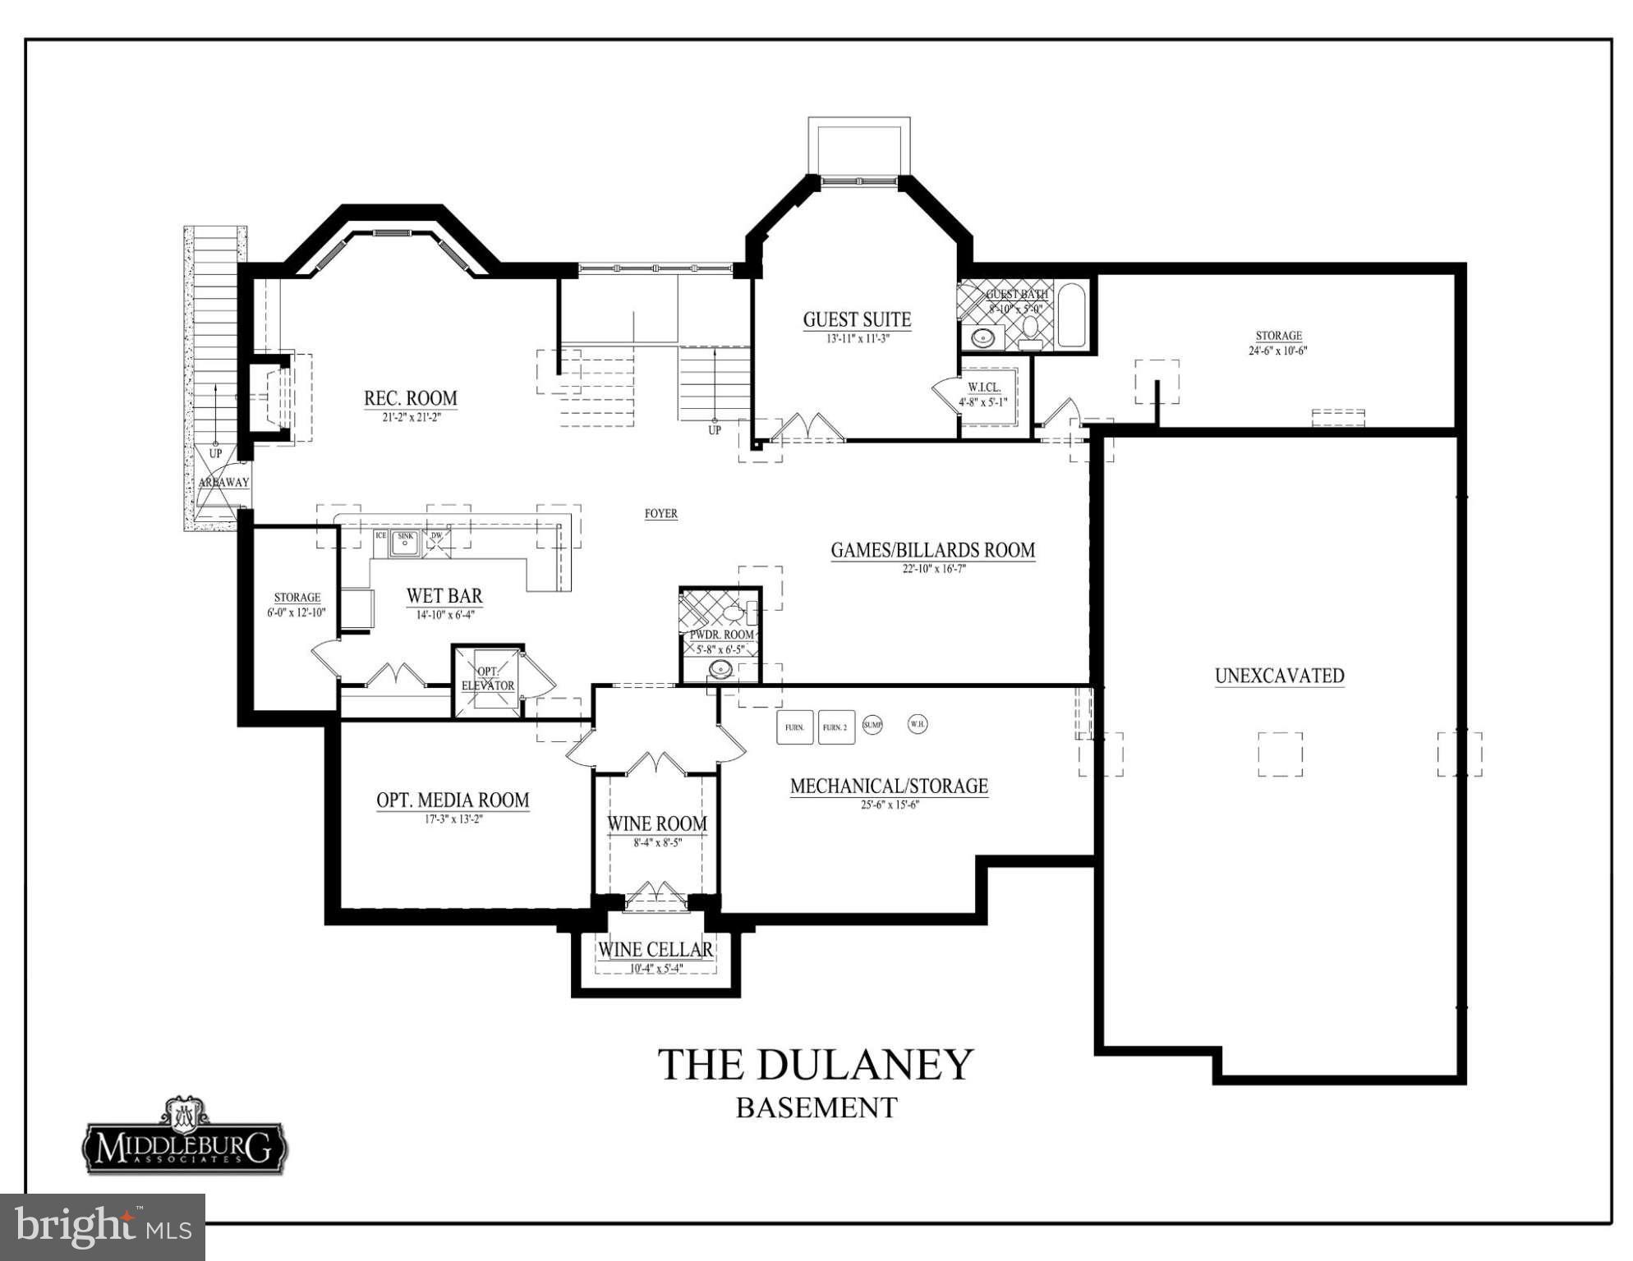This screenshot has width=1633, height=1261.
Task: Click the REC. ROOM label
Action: (410, 399)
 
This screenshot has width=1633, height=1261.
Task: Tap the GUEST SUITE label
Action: (857, 319)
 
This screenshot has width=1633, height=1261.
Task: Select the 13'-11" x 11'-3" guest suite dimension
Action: (858, 338)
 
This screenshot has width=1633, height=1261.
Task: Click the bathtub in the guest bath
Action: (1071, 315)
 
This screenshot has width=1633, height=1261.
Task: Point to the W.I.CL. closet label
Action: (983, 387)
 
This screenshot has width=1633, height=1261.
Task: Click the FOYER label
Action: (660, 514)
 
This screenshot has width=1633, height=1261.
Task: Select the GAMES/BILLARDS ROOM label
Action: (932, 550)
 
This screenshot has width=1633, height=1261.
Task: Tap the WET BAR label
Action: (444, 596)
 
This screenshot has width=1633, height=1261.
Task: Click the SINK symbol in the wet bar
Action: (405, 541)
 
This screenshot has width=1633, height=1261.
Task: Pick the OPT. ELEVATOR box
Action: (488, 680)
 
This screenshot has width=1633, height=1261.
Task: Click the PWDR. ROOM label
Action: (721, 635)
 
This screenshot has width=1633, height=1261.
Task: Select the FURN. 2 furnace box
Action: (835, 727)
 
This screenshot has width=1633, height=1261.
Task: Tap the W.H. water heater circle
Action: (917, 724)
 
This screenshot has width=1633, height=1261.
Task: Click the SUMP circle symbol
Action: (872, 725)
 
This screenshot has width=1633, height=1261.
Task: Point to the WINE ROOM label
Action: (656, 823)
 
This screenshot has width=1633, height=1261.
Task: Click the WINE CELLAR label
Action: (655, 950)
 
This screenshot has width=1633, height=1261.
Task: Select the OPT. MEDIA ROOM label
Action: (453, 800)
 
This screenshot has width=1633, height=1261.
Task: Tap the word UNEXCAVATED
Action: (1279, 676)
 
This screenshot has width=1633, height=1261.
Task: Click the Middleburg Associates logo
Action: (185, 1136)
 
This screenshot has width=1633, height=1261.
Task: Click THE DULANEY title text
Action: (815, 1065)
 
